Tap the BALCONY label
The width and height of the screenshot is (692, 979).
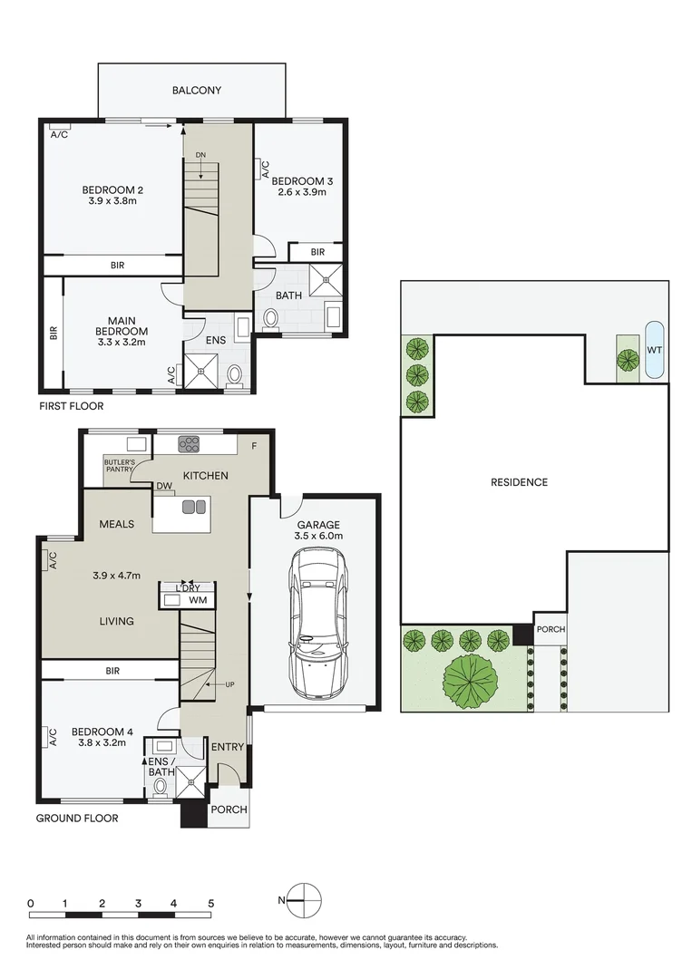tap(196, 91)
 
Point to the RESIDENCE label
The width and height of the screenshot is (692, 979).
tap(519, 482)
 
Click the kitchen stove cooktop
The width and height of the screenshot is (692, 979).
tap(189, 443)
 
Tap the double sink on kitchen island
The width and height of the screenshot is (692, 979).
tap(194, 508)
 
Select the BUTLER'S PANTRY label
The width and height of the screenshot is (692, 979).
tap(119, 466)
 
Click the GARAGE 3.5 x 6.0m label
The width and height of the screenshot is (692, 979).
tap(317, 530)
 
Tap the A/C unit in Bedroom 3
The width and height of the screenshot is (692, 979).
tap(265, 170)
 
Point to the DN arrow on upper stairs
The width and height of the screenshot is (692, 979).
tap(200, 159)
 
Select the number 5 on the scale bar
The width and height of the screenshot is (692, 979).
tap(210, 904)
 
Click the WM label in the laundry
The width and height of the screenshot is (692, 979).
tap(198, 600)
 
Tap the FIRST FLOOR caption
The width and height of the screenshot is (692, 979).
tap(71, 406)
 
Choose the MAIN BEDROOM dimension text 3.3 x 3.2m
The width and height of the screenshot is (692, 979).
tap(122, 343)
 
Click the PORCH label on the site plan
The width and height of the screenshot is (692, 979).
tap(550, 630)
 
